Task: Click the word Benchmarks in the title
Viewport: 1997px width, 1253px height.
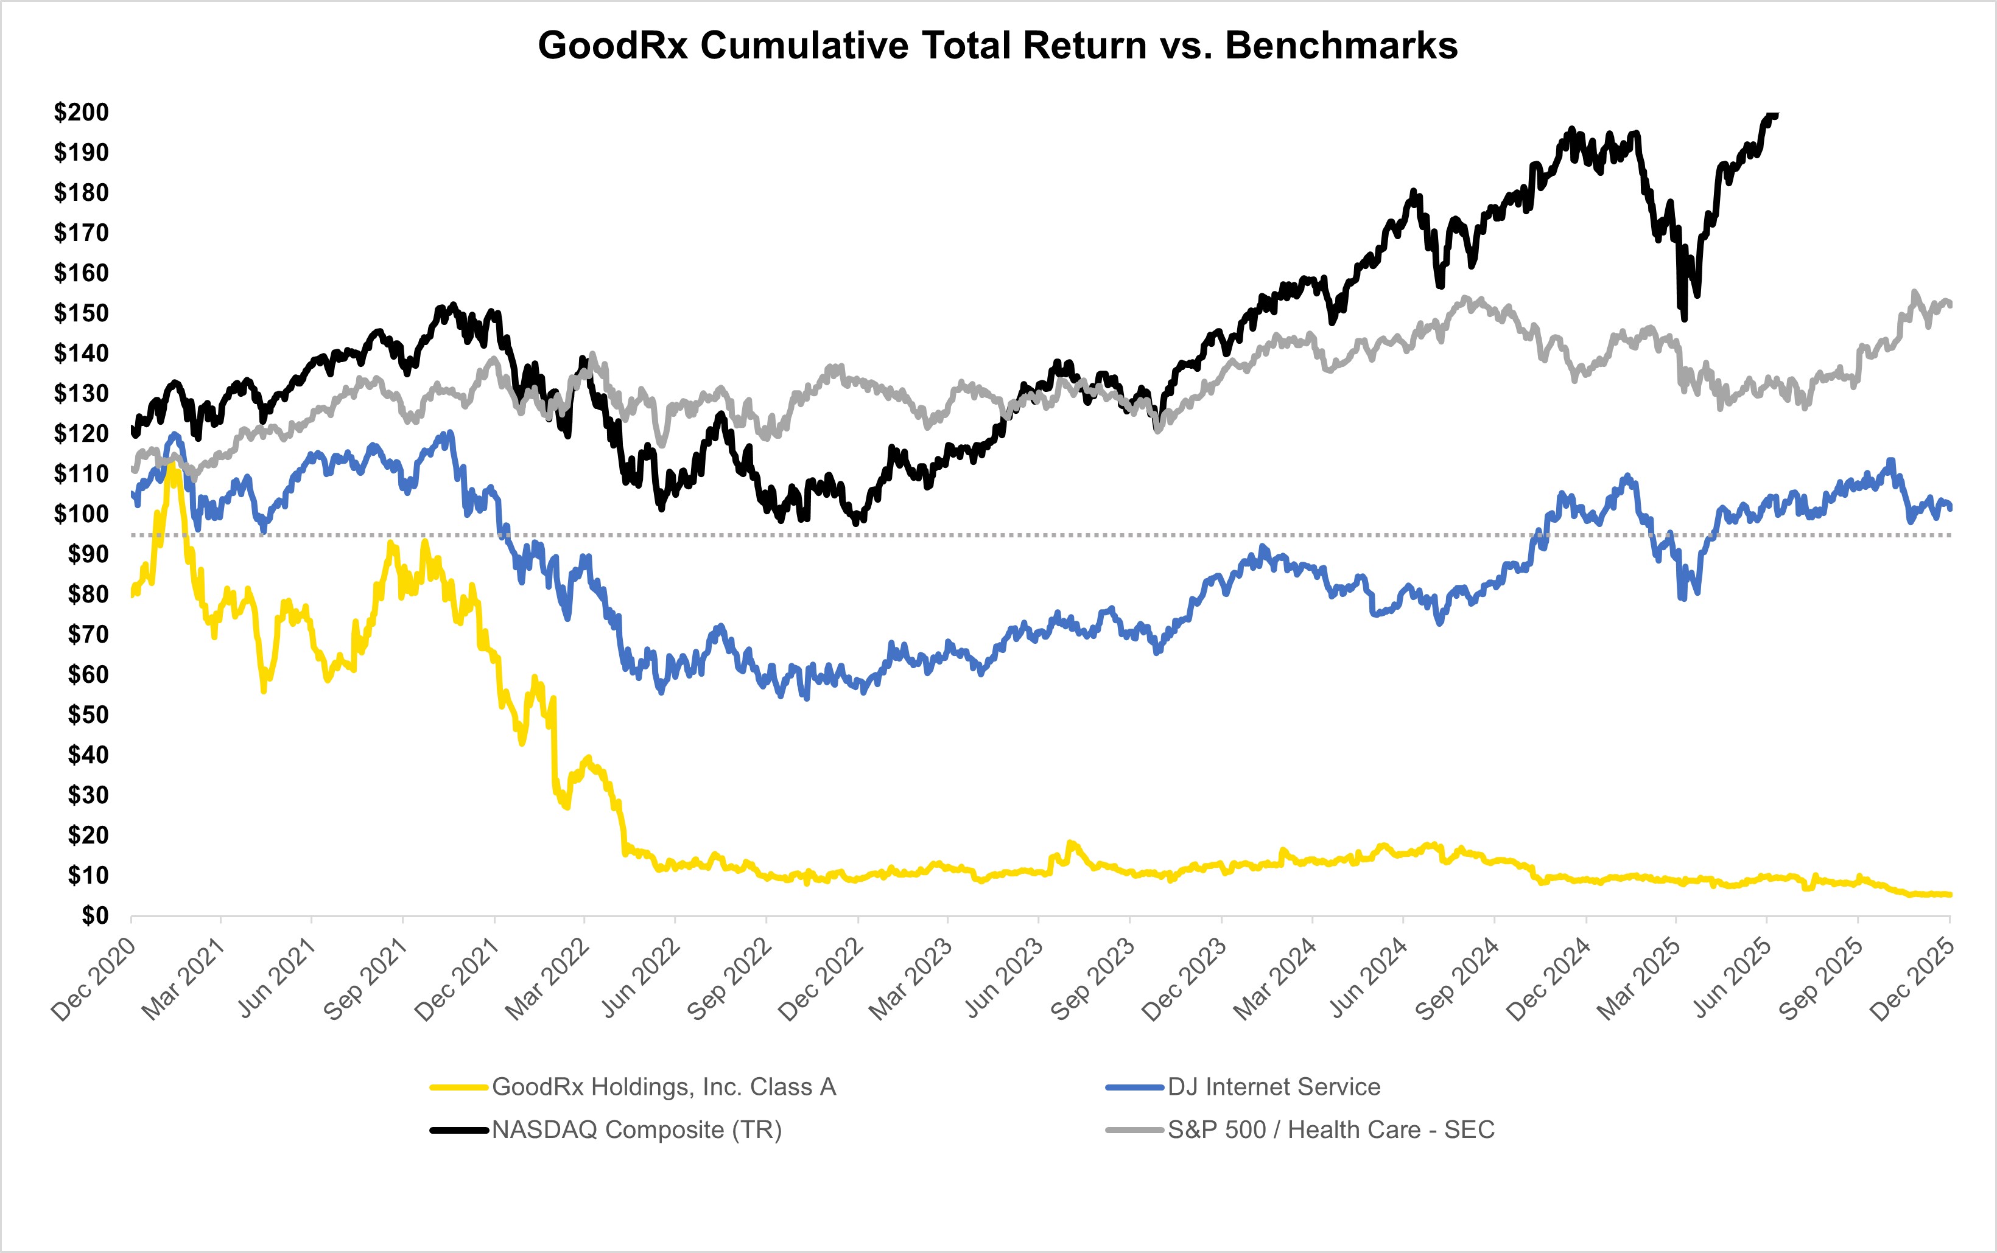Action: pos(1341,46)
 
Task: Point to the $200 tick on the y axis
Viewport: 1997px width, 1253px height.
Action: pos(81,112)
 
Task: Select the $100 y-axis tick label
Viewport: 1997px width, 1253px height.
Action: pos(81,514)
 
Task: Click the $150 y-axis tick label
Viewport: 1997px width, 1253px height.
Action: pos(81,313)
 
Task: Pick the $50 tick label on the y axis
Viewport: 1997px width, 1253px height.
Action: pos(88,714)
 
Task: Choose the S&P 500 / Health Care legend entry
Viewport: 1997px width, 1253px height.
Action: pos(1330,1129)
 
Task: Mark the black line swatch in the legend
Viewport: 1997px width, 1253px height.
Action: pos(458,1129)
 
